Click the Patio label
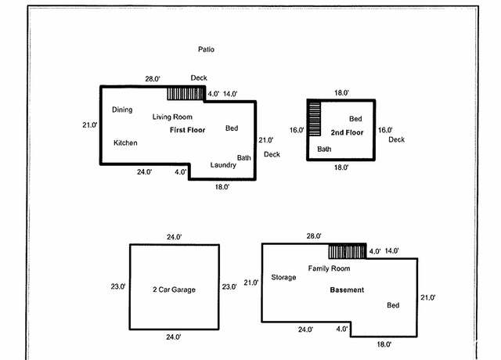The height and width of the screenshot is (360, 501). pyautogui.click(x=206, y=49)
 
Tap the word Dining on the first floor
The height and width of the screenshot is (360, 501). pyautogui.click(x=122, y=110)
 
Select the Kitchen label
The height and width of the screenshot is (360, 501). pyautogui.click(x=125, y=142)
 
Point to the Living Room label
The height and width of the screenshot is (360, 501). pyautogui.click(x=172, y=117)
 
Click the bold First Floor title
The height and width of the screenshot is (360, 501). pyautogui.click(x=187, y=130)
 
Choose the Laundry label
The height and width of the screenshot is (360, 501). pyautogui.click(x=223, y=165)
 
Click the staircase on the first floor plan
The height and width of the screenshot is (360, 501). pyautogui.click(x=186, y=94)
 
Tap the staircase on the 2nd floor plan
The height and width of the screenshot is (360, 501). pyautogui.click(x=315, y=119)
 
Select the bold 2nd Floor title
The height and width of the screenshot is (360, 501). pyautogui.click(x=347, y=132)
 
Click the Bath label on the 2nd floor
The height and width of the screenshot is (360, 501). pyautogui.click(x=324, y=149)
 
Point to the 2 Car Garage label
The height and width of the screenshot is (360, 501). pyautogui.click(x=174, y=290)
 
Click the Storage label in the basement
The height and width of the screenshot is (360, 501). pyautogui.click(x=283, y=277)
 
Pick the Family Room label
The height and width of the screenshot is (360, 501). pyautogui.click(x=329, y=268)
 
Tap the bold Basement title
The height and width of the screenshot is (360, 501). pyautogui.click(x=347, y=290)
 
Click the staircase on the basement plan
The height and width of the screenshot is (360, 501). pyautogui.click(x=348, y=252)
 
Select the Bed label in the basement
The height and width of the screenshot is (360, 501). pyautogui.click(x=393, y=305)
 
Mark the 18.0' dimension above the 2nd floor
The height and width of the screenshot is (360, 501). pyautogui.click(x=341, y=93)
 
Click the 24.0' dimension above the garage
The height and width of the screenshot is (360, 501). pyautogui.click(x=174, y=237)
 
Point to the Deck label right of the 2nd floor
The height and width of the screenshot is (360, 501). pyautogui.click(x=397, y=139)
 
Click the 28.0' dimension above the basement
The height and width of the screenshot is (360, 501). pyautogui.click(x=314, y=236)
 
